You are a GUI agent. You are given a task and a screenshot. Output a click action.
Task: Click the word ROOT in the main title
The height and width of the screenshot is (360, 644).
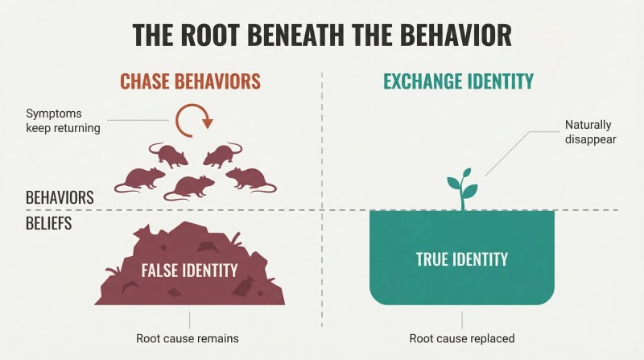click(211, 35)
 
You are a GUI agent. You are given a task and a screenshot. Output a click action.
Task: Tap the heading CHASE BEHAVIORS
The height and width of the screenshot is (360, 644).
click(190, 81)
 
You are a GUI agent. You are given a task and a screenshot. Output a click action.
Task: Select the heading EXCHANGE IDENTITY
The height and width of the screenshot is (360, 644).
click(458, 81)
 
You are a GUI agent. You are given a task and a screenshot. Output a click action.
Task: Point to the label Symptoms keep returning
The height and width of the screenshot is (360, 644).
click(63, 121)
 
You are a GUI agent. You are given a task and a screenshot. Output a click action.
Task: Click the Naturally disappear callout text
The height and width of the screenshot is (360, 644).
click(590, 131)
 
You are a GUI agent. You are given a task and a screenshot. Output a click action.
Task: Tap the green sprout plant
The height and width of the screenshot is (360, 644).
click(462, 189)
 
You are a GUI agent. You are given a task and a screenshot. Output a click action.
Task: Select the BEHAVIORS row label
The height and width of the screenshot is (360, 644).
click(60, 197)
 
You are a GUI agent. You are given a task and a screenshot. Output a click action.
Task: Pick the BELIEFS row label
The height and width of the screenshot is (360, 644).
click(48, 223)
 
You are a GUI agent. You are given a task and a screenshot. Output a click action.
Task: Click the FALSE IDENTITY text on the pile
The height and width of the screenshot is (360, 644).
click(189, 271)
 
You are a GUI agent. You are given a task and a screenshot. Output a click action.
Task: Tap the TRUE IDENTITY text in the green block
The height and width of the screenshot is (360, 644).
click(461, 259)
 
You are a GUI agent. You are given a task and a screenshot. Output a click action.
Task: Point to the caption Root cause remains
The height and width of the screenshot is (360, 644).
click(188, 338)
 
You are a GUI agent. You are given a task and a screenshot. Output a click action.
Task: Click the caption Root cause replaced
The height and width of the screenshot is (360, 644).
click(461, 338)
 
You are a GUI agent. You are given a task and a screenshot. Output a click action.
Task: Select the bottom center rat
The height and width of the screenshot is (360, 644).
click(189, 188)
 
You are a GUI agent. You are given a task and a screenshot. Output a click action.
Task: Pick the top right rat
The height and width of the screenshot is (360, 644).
click(222, 155)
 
